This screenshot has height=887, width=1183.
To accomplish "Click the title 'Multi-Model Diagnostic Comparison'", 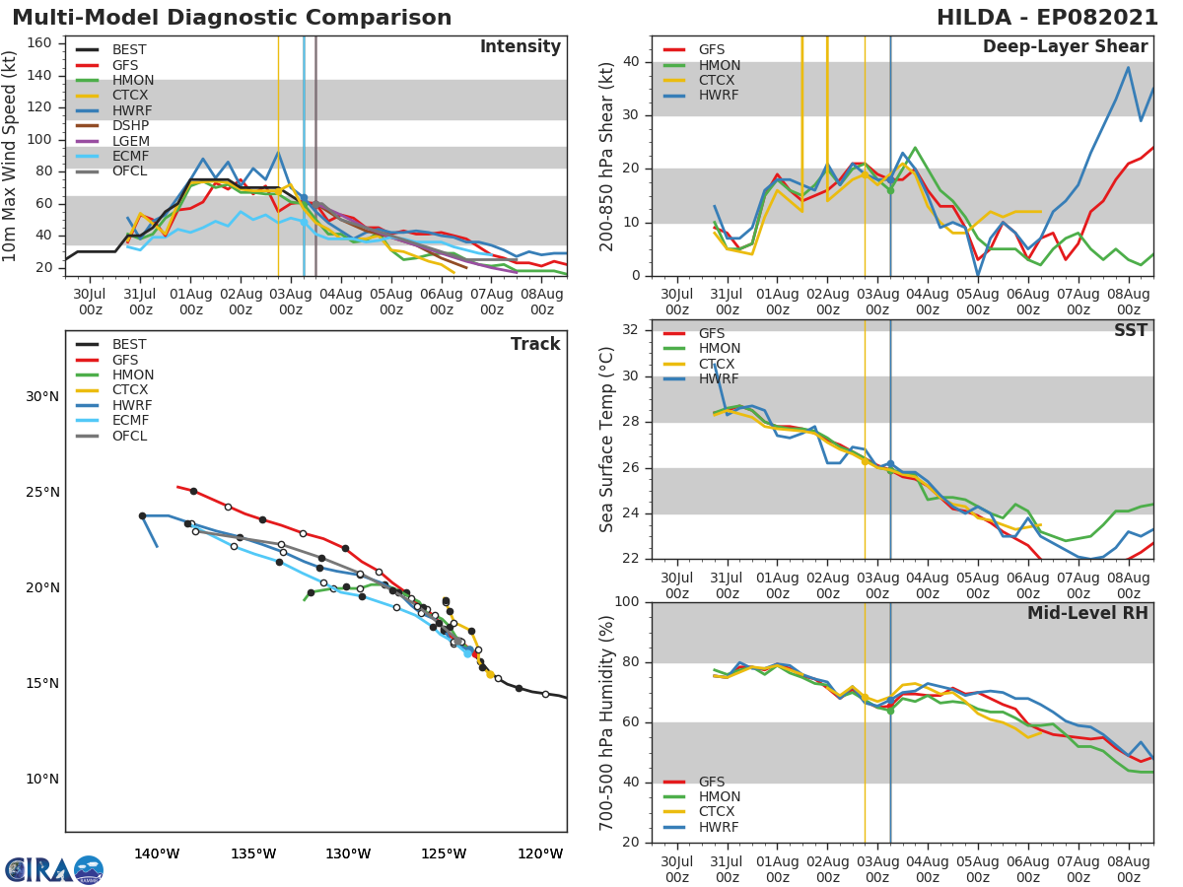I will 232,18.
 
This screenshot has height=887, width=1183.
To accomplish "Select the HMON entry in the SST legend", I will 719,349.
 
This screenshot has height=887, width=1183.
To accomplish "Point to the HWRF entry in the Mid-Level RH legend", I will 719,827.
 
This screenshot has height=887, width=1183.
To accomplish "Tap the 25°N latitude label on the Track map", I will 42,493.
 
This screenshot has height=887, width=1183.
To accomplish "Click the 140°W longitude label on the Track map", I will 157,853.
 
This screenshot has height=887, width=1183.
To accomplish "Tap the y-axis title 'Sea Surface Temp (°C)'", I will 607,440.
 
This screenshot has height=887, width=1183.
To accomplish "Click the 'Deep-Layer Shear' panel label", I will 1065,47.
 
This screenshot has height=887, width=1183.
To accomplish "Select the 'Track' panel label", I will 535,344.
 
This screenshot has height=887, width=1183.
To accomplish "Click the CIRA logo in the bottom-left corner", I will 54,869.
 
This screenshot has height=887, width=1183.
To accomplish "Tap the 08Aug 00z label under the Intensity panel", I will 541,302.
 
